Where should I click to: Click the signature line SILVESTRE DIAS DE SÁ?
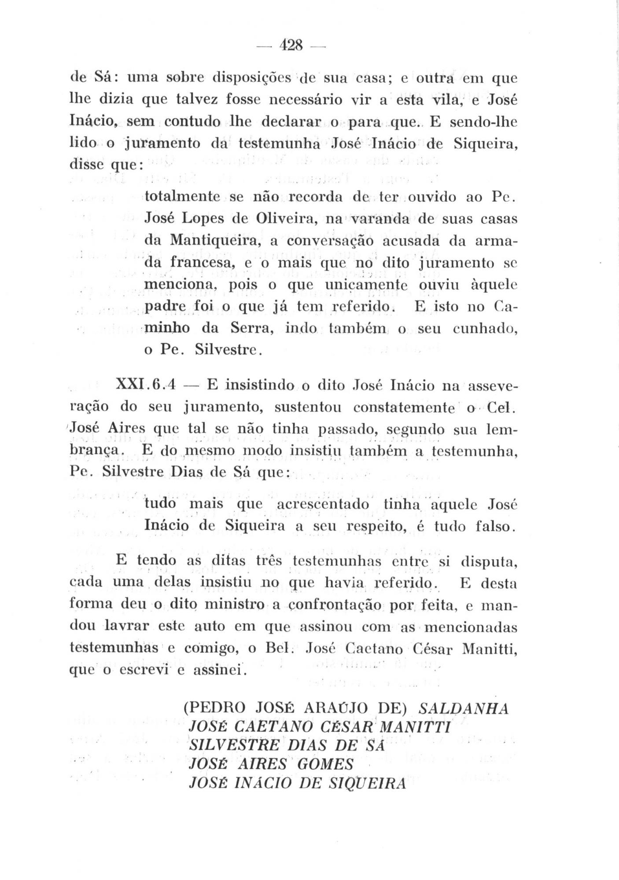coord(287,746)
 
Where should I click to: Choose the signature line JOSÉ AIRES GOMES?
coord(271,765)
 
